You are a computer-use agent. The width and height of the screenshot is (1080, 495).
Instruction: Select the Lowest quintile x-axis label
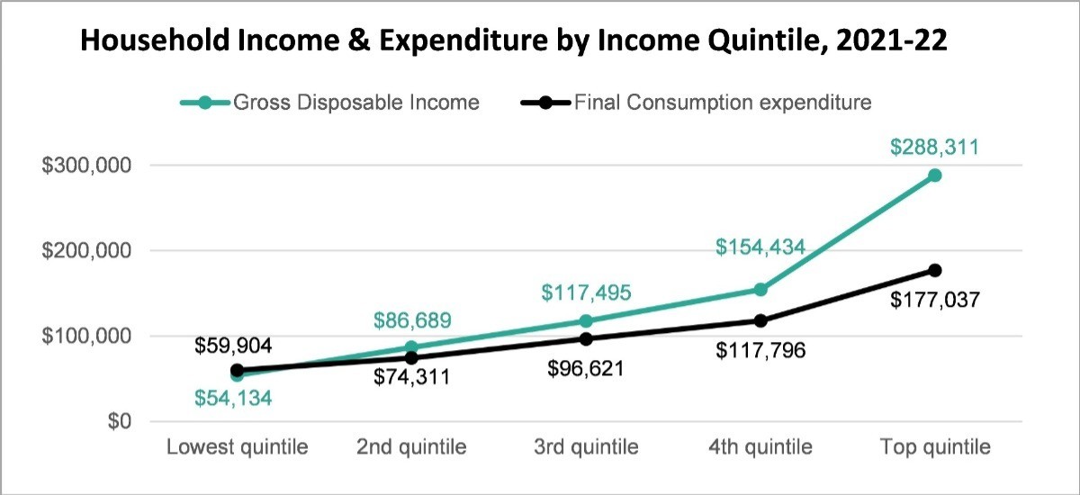[238, 447]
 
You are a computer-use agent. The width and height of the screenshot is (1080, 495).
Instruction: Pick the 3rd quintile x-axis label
[587, 447]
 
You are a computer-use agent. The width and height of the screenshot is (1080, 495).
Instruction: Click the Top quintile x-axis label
[935, 447]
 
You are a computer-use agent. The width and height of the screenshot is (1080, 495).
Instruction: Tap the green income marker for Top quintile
[935, 175]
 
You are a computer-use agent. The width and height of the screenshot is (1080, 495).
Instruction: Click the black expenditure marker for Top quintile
[935, 270]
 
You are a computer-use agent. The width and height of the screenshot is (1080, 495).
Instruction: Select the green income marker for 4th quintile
[760, 289]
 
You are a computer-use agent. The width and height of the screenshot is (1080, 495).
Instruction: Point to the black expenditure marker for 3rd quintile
[586, 339]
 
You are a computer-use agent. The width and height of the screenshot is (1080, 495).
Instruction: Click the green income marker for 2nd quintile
[411, 347]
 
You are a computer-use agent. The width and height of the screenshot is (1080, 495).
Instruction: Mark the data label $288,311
[935, 147]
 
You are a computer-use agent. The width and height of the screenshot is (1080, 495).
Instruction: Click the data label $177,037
[935, 300]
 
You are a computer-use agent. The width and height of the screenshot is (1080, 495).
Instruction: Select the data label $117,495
[586, 293]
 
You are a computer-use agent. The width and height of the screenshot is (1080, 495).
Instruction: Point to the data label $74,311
[412, 377]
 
